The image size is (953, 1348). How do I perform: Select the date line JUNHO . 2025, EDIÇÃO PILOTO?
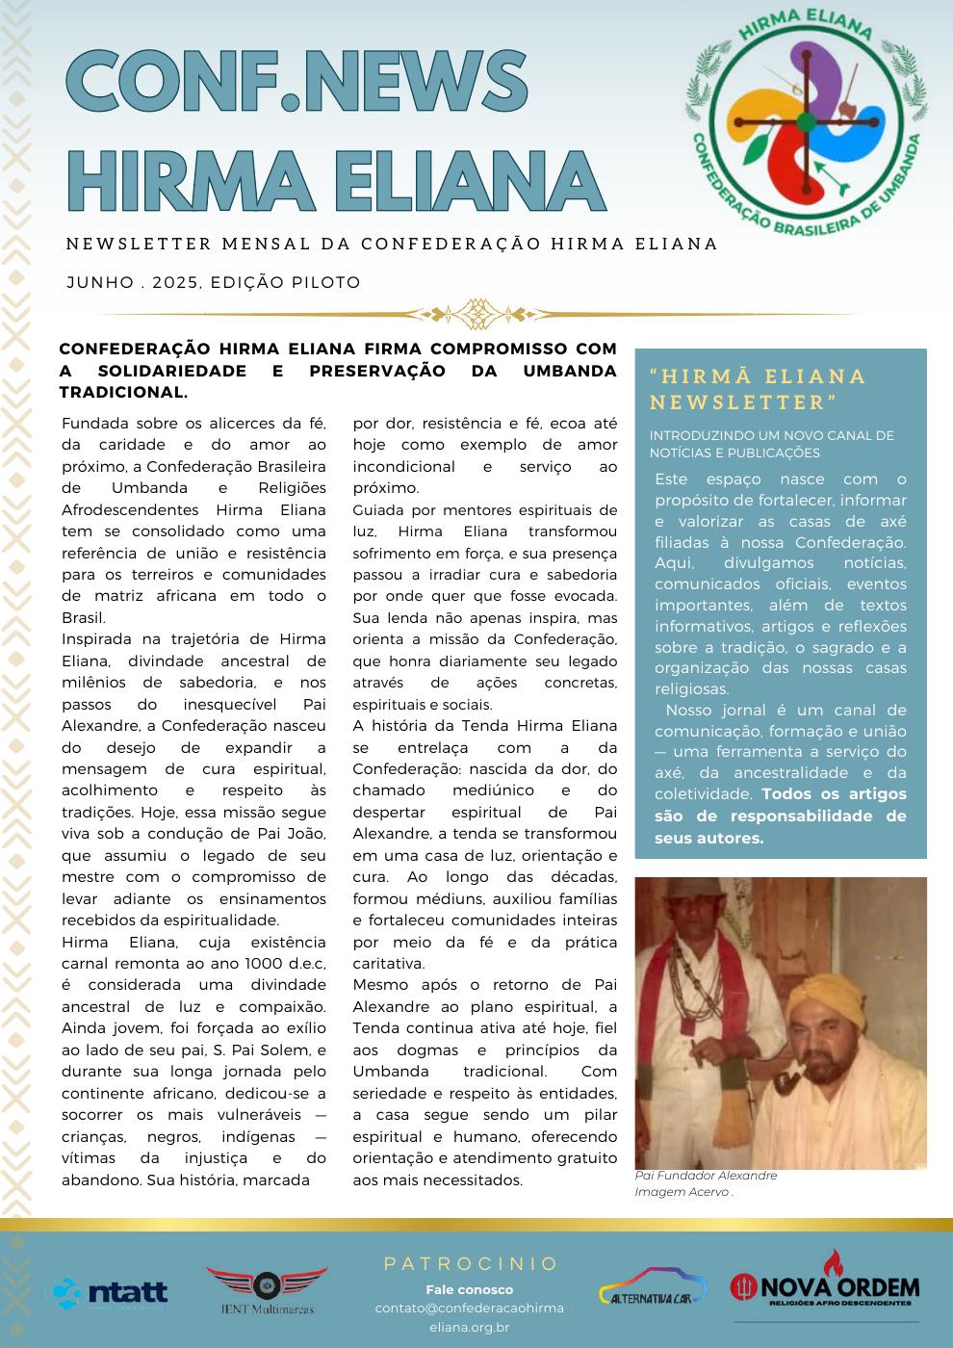[214, 283]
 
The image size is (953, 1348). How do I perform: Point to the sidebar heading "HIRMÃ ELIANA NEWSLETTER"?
[758, 389]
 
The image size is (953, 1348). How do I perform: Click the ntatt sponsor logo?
[111, 1291]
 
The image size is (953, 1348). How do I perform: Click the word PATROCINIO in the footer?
[471, 1263]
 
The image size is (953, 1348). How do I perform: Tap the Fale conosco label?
[470, 1289]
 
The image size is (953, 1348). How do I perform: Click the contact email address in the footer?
[470, 1317]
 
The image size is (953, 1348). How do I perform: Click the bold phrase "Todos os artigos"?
[834, 794]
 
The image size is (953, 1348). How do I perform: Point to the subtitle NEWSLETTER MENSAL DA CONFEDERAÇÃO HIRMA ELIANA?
[392, 244]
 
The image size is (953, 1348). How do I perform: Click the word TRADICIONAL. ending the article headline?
[123, 393]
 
